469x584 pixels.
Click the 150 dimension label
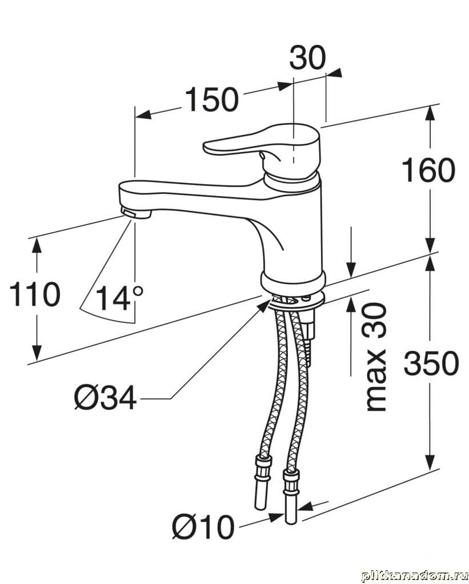click(x=211, y=99)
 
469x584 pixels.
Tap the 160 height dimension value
click(x=428, y=170)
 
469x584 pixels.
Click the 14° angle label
click(x=119, y=298)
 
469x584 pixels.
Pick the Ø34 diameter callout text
click(x=105, y=398)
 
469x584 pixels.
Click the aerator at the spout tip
click(x=135, y=214)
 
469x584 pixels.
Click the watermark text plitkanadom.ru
click(x=412, y=573)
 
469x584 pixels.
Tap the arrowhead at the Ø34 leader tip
click(x=264, y=306)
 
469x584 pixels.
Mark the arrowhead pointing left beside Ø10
click(x=305, y=507)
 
